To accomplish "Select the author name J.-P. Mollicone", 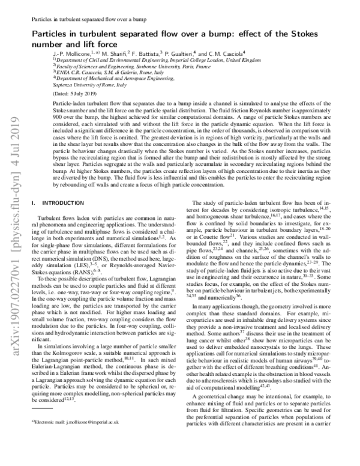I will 64,54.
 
